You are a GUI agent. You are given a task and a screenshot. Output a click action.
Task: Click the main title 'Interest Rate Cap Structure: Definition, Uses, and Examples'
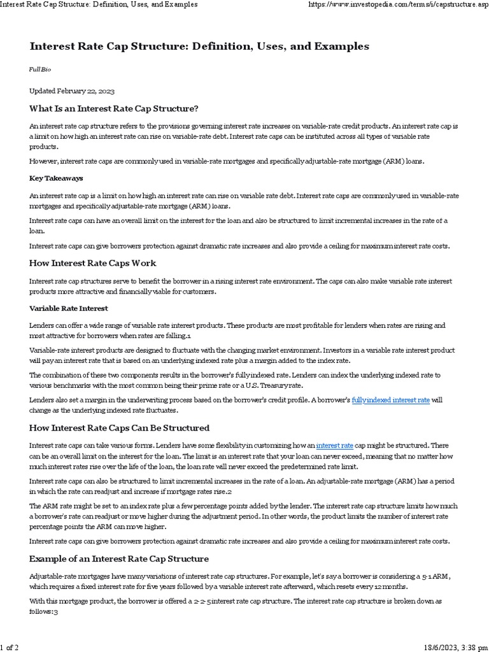click(x=199, y=47)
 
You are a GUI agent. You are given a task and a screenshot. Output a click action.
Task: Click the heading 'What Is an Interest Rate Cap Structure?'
click(x=114, y=108)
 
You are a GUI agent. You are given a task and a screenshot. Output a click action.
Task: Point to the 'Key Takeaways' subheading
click(x=56, y=178)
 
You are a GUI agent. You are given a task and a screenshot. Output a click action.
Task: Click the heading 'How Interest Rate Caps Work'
click(x=92, y=263)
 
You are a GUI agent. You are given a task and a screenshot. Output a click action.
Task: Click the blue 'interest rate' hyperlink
click(x=335, y=444)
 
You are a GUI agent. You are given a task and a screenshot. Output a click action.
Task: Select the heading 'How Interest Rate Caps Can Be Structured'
click(x=119, y=427)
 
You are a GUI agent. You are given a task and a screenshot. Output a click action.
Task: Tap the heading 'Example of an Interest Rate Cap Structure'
click(x=119, y=558)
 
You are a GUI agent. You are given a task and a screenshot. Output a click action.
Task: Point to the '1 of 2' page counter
click(x=10, y=647)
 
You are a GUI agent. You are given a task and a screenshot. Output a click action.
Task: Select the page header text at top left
click(x=99, y=4)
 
